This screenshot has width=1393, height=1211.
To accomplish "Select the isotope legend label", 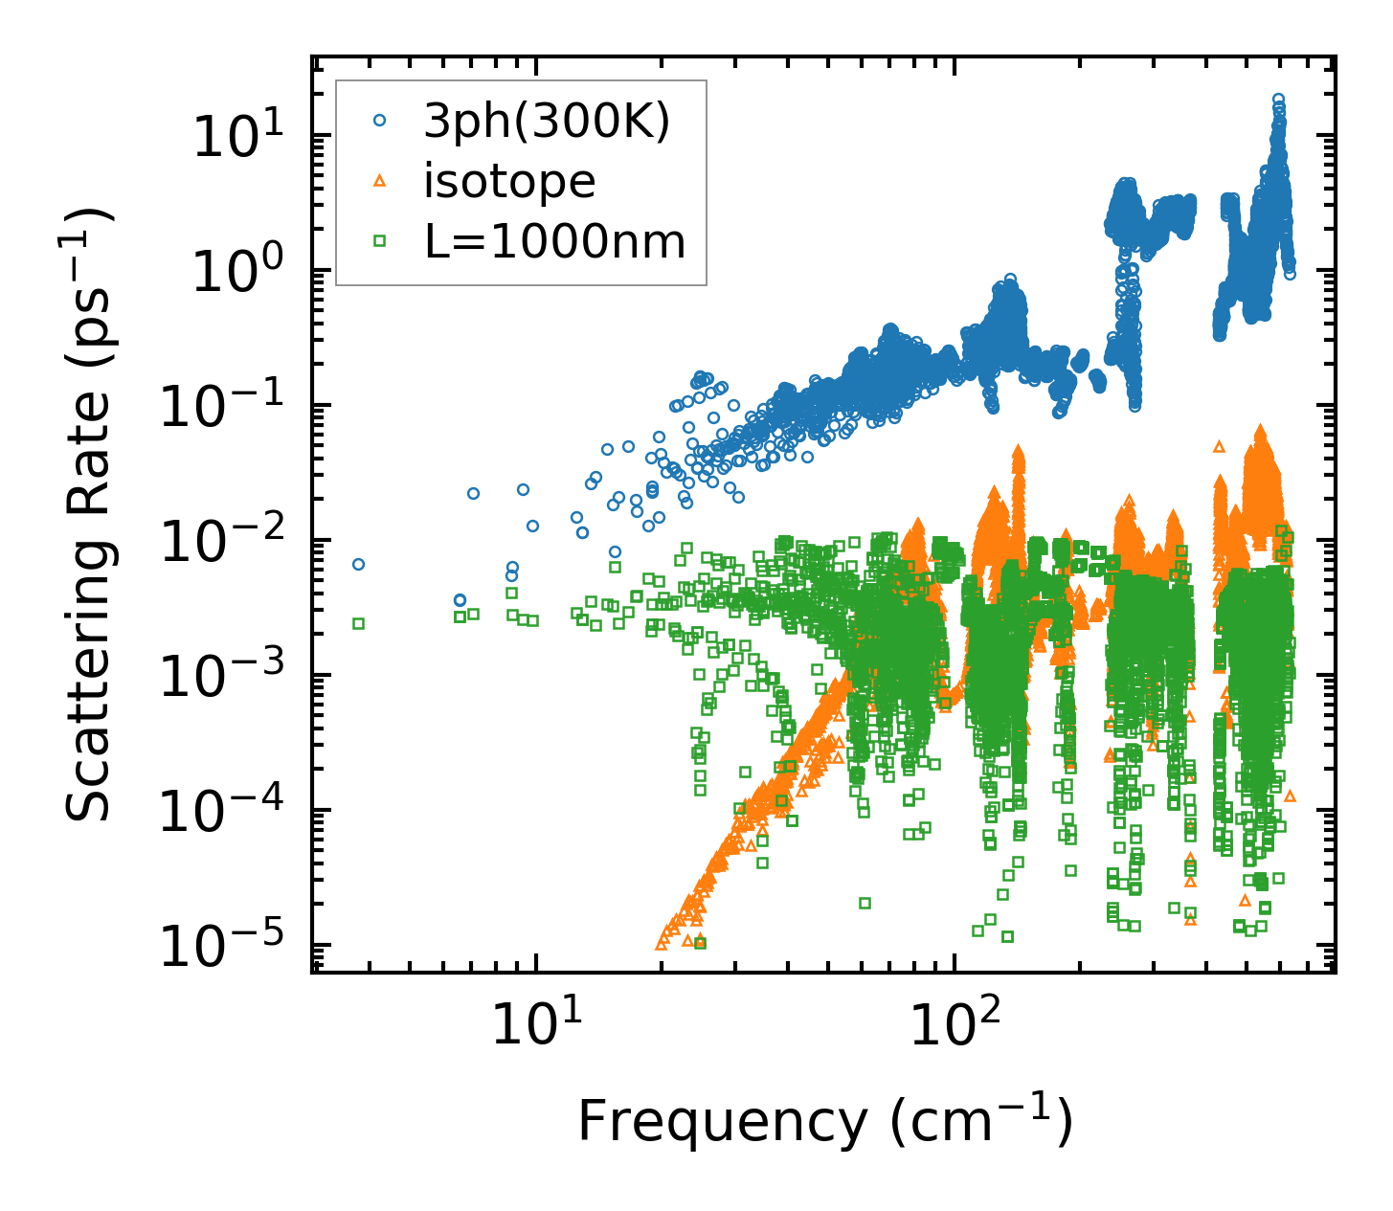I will click(x=509, y=182).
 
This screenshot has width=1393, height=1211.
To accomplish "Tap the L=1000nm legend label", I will click(x=555, y=242).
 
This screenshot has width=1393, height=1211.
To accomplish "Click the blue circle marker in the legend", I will click(x=380, y=121).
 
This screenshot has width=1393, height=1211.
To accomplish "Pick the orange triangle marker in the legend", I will click(x=380, y=180).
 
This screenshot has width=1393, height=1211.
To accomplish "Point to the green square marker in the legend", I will click(x=380, y=241).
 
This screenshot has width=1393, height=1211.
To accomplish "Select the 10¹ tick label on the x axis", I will click(x=535, y=1025).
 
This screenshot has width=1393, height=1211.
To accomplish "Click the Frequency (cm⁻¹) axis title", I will click(x=824, y=1122).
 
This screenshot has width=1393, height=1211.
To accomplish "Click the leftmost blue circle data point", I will click(x=358, y=564).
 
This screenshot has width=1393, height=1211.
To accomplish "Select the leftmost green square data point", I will click(x=358, y=623).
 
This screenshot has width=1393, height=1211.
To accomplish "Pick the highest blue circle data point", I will click(x=1277, y=99).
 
